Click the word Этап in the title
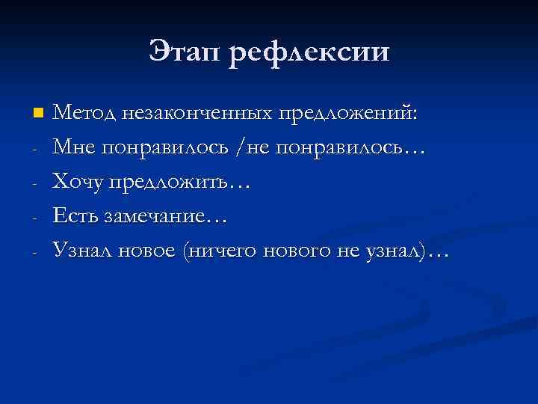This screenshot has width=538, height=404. click(190, 53)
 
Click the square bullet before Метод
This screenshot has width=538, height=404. click(39, 114)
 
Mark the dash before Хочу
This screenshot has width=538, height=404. click(36, 183)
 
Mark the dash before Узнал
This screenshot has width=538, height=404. click(36, 252)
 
